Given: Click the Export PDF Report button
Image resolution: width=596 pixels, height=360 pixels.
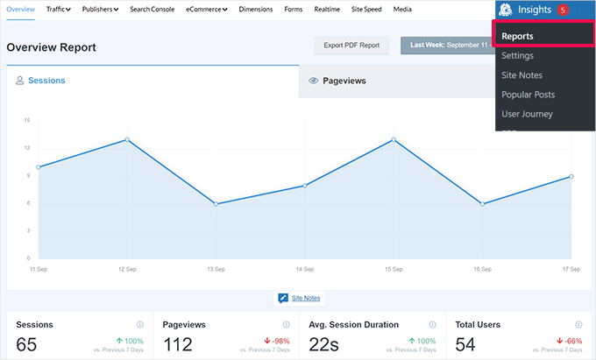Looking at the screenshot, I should [x=351, y=46].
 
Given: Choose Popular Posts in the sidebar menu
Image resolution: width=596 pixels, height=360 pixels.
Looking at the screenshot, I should [x=528, y=95].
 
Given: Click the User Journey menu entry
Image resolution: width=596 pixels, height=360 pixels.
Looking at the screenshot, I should [x=527, y=114].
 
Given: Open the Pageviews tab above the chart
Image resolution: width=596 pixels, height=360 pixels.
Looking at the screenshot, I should [x=344, y=81].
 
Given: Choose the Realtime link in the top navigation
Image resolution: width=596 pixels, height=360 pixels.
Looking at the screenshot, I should [x=327, y=9].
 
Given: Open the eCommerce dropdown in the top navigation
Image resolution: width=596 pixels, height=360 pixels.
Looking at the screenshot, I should [x=207, y=9].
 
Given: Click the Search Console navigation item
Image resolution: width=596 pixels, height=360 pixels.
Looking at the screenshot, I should [x=152, y=9].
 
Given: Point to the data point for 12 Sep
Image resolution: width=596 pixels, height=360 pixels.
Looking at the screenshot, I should [x=127, y=139].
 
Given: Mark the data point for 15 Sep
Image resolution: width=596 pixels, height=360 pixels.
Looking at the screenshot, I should [x=394, y=139].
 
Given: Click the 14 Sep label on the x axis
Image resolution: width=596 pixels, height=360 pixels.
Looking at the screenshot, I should [x=304, y=268].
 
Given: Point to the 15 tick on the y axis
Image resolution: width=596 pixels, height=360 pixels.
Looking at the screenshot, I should [x=27, y=120].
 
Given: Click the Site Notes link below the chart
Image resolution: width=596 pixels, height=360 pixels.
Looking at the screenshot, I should [x=306, y=298].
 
